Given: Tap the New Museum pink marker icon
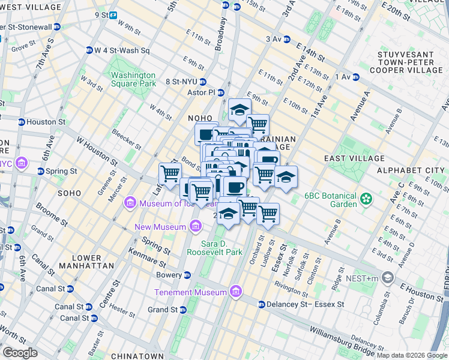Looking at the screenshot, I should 195,226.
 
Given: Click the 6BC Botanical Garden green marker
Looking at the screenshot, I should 366,199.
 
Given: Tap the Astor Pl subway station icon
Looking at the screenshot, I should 221,92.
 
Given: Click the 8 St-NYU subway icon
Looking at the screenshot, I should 203,82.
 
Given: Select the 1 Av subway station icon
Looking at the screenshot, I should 355,77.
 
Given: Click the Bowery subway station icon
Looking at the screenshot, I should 187,275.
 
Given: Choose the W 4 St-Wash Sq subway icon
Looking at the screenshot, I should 89,50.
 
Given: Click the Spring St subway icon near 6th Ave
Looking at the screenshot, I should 41,171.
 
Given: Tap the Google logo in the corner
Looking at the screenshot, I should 20,352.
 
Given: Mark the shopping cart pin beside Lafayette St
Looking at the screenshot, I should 169,173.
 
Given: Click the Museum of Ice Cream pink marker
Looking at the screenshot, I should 130,203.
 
